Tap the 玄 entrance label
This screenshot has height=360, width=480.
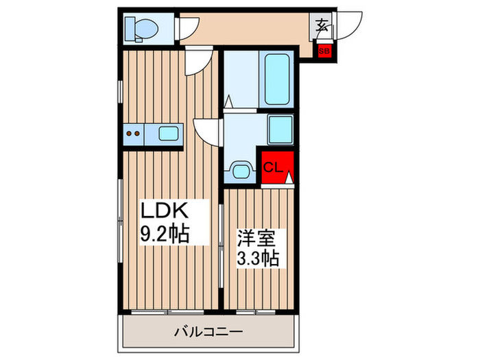(x=321, y=26)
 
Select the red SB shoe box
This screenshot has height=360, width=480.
(x=323, y=50)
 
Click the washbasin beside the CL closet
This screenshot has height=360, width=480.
(x=239, y=169)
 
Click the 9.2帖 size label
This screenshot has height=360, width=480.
(x=165, y=233)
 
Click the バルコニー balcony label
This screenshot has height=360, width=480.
(x=208, y=331)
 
